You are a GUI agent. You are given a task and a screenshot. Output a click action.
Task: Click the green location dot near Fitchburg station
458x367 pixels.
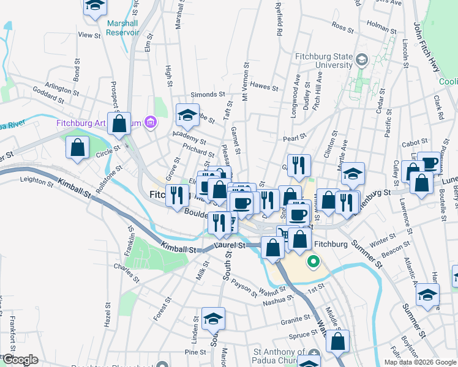pos(313,263)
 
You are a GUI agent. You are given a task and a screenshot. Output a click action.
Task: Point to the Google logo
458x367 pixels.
pos(20,360)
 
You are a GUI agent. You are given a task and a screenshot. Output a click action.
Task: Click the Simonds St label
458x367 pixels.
pos(205,95)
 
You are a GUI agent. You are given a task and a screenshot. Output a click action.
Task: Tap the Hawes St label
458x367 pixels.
pos(265,87)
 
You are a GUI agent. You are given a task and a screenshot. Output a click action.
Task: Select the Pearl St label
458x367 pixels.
pos(295,138)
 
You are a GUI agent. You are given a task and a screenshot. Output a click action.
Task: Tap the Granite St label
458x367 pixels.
pos(296,320)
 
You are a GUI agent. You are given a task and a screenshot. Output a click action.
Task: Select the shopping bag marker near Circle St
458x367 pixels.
pos(77,148)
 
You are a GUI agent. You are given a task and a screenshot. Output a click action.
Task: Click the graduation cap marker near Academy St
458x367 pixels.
pos(187,114)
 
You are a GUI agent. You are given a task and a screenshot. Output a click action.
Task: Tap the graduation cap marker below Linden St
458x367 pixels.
pos(213,319)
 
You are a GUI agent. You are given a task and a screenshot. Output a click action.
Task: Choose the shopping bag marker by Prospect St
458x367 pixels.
pos(119,122)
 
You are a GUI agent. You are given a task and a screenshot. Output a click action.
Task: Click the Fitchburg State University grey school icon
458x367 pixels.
pos(362,59)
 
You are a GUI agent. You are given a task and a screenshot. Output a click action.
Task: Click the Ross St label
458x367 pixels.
pos(339,26)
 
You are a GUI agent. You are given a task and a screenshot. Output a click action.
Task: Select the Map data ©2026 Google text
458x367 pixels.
pos(419,361)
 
